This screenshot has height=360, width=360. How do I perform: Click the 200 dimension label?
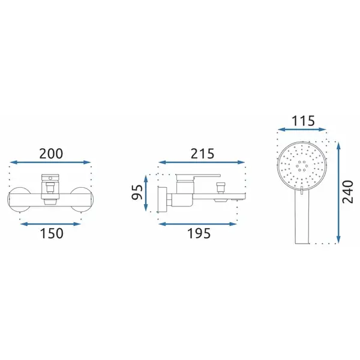[51, 154]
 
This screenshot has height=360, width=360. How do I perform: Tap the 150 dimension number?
[52, 233]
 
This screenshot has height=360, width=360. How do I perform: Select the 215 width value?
[202, 154]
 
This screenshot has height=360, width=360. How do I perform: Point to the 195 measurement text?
[199, 233]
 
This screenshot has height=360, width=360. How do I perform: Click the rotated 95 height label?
[137, 192]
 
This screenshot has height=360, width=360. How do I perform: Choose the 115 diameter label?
[303, 121]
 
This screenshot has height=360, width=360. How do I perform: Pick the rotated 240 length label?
[347, 192]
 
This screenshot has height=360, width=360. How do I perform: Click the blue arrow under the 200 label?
[50, 163]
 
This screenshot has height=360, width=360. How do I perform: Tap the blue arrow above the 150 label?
[50, 224]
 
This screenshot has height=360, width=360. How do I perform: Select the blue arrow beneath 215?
[202, 163]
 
